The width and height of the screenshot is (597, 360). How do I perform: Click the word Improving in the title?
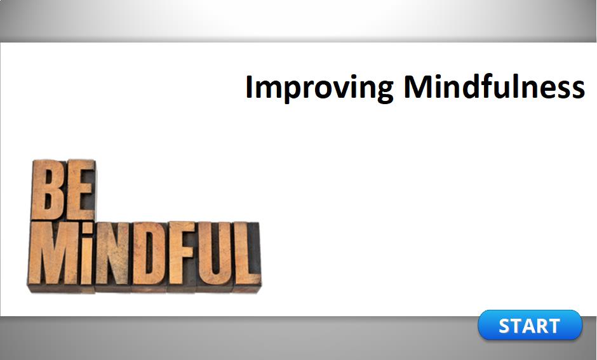[319, 88]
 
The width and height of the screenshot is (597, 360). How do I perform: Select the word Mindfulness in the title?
[494, 86]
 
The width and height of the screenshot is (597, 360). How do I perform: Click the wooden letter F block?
[183, 253]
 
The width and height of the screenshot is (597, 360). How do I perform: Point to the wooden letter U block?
[215, 253]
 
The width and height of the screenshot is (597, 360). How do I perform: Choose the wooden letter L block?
[246, 254]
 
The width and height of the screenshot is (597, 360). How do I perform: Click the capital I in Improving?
[249, 86]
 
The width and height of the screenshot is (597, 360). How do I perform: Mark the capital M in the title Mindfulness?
[419, 86]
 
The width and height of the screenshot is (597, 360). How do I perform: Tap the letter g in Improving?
[383, 92]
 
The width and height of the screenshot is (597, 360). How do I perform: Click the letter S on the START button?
[506, 326]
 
